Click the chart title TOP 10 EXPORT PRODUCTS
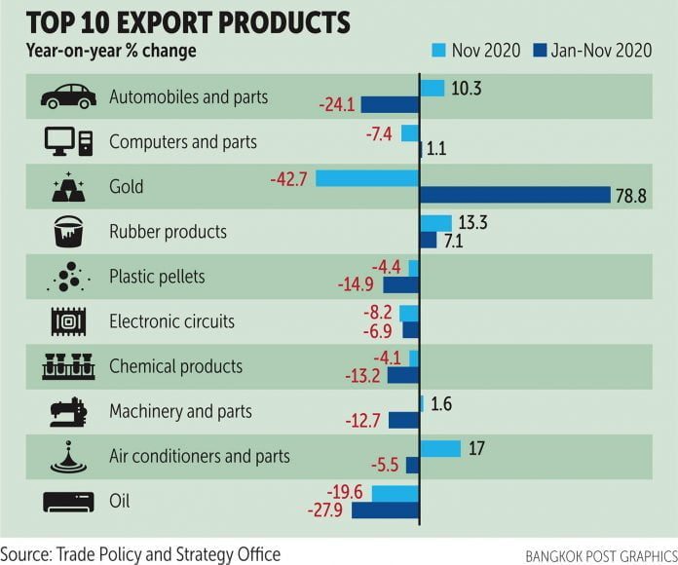pos(176,21)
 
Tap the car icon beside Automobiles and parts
pos(68,95)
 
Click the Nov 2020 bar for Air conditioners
pos(439,448)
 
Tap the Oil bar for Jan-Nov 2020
pos(385,509)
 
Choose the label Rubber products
pos(168,232)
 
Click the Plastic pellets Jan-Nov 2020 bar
pos(400,285)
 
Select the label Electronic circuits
pos(171,321)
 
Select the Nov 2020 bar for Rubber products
pos(435,223)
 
